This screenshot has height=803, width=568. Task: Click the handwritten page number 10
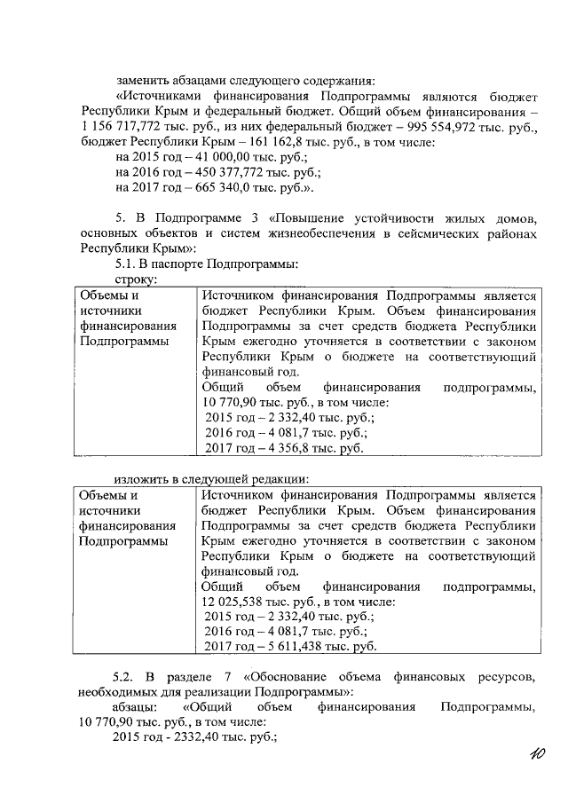click(535, 755)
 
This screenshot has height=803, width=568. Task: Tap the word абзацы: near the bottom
click(136, 707)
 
